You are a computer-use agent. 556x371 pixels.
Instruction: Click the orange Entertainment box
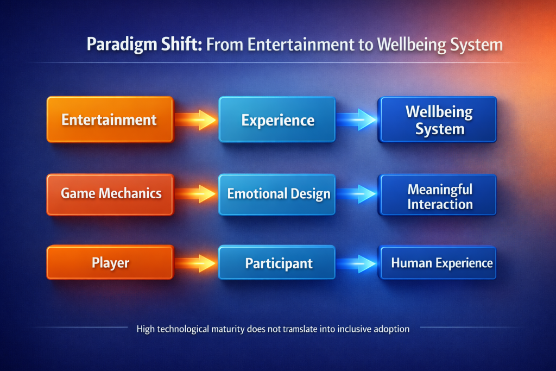tap(110, 120)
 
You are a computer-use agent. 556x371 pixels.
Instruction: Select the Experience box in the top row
tap(277, 120)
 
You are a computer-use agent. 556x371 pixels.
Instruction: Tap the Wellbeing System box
tap(437, 120)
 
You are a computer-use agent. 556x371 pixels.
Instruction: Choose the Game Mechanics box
tap(110, 194)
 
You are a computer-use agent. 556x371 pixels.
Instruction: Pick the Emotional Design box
tap(277, 194)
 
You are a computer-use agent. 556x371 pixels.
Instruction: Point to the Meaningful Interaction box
tap(437, 194)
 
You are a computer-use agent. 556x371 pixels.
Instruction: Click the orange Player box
tap(110, 262)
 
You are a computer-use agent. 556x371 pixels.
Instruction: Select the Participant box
tap(277, 262)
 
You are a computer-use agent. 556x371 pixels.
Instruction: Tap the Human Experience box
tap(437, 263)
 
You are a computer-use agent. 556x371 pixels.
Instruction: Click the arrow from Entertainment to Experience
tap(195, 120)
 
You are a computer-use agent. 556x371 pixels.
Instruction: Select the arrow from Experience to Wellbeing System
tap(356, 120)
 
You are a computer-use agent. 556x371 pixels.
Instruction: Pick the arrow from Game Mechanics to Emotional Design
tap(195, 194)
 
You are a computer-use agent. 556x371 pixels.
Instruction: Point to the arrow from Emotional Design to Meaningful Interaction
tap(356, 194)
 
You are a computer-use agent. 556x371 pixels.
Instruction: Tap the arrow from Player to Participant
tap(195, 263)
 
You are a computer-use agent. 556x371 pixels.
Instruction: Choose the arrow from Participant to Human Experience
tap(356, 263)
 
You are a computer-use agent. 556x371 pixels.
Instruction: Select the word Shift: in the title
tap(181, 44)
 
